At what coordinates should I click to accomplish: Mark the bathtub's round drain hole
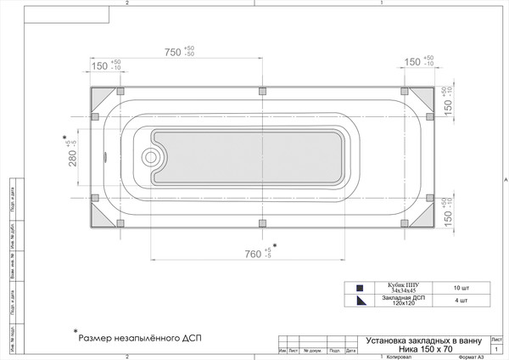coord(152,156)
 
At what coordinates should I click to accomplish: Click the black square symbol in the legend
coord(360,288)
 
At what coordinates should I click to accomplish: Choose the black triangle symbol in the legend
coord(360,300)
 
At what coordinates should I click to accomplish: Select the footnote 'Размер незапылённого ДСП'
coord(140,337)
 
